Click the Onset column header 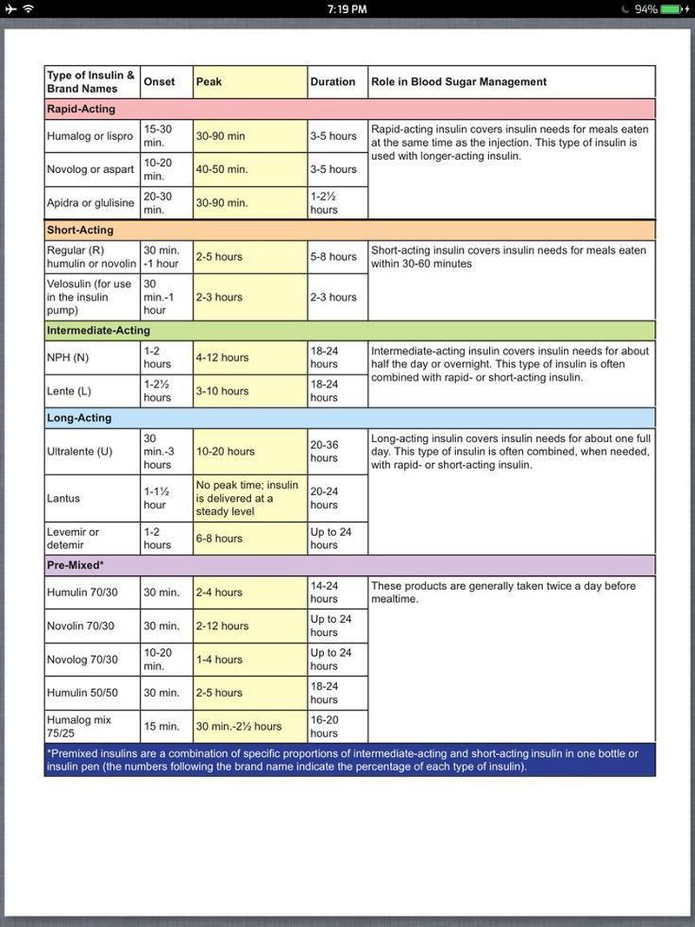159,82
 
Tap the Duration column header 333,82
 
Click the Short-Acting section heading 80,230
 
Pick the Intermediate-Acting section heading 98,330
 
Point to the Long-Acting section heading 79,418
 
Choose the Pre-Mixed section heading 76,565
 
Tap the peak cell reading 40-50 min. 222,169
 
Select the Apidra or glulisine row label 90,202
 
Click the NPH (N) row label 68,357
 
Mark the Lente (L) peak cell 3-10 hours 222,391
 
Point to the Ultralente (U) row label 80,451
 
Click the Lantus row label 63,498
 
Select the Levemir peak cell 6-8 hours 219,539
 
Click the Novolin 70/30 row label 81,626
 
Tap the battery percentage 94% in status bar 645,9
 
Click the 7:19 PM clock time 347,9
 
